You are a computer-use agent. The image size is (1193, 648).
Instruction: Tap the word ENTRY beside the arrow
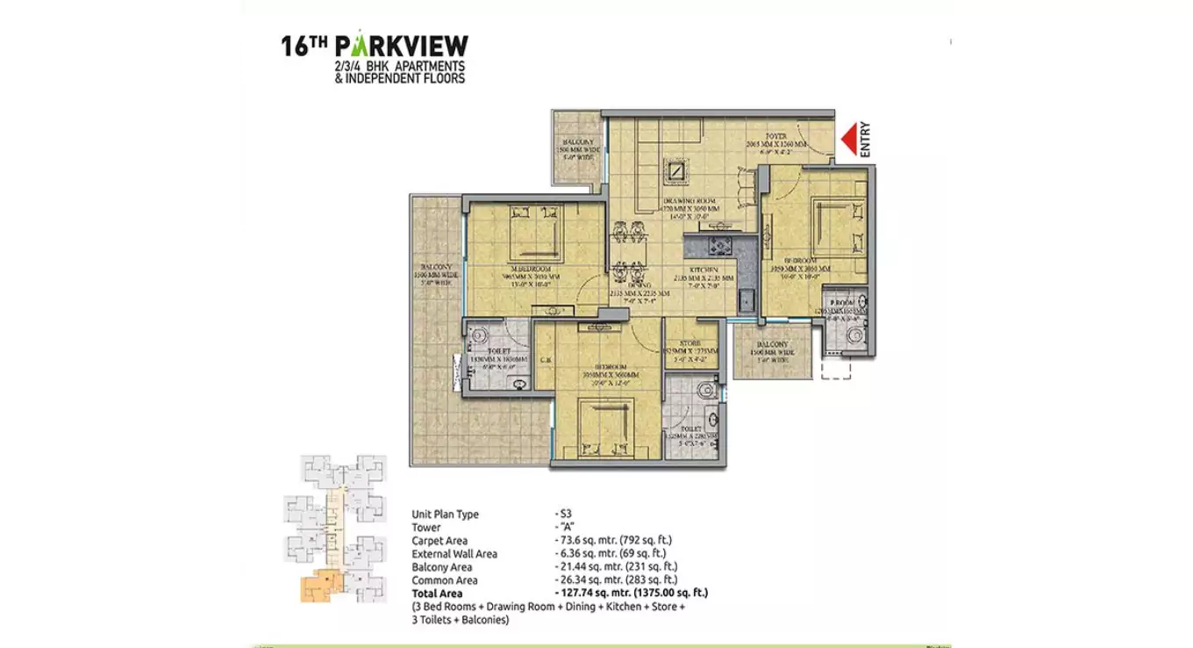[865, 140]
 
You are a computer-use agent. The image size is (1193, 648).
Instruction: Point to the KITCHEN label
[704, 270]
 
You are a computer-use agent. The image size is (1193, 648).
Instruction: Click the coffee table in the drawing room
[677, 169]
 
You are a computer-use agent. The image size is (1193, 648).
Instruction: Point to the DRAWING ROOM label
[692, 202]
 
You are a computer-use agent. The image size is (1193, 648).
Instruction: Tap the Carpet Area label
[439, 541]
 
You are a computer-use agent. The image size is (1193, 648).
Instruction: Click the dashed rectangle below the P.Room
[836, 369]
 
